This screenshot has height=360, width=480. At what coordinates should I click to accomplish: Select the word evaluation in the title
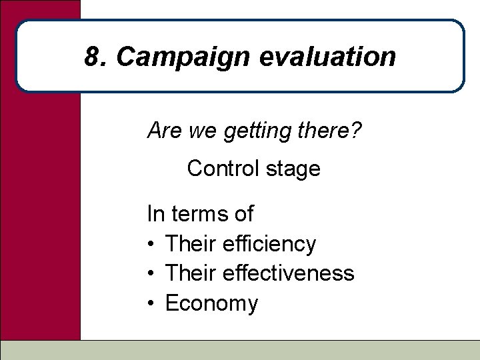[327, 57]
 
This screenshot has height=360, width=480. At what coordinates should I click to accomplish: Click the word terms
[199, 214]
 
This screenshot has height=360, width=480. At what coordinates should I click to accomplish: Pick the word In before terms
[155, 214]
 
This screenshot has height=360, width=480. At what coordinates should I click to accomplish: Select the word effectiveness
[293, 273]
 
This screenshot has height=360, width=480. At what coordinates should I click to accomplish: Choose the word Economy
[211, 304]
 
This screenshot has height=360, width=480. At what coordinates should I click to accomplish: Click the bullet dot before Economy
[152, 304]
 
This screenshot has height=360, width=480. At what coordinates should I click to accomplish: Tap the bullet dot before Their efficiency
[152, 245]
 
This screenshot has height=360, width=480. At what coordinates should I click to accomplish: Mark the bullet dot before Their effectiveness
[152, 274]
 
